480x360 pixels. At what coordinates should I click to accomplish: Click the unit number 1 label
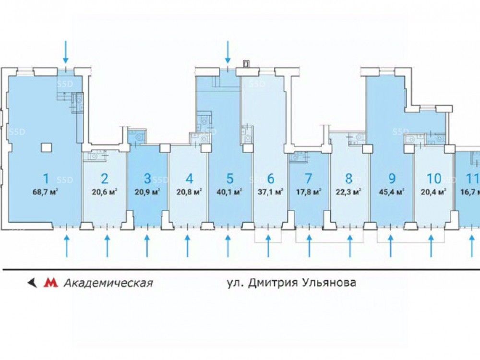click(x=46, y=179)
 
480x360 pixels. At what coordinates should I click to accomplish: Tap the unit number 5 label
click(x=230, y=179)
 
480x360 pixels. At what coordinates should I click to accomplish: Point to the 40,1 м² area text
click(x=230, y=191)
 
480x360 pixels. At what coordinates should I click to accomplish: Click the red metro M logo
click(x=49, y=283)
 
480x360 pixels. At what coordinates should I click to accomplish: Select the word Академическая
click(x=108, y=283)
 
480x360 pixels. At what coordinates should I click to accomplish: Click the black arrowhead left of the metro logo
click(x=33, y=283)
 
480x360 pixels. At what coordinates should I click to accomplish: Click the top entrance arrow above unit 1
click(x=66, y=52)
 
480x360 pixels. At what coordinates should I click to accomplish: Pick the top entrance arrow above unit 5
click(x=228, y=52)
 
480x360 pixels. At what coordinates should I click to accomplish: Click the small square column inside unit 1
click(x=46, y=146)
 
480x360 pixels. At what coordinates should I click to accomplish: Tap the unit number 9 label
click(x=392, y=179)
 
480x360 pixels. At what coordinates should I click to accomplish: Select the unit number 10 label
click(x=433, y=179)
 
